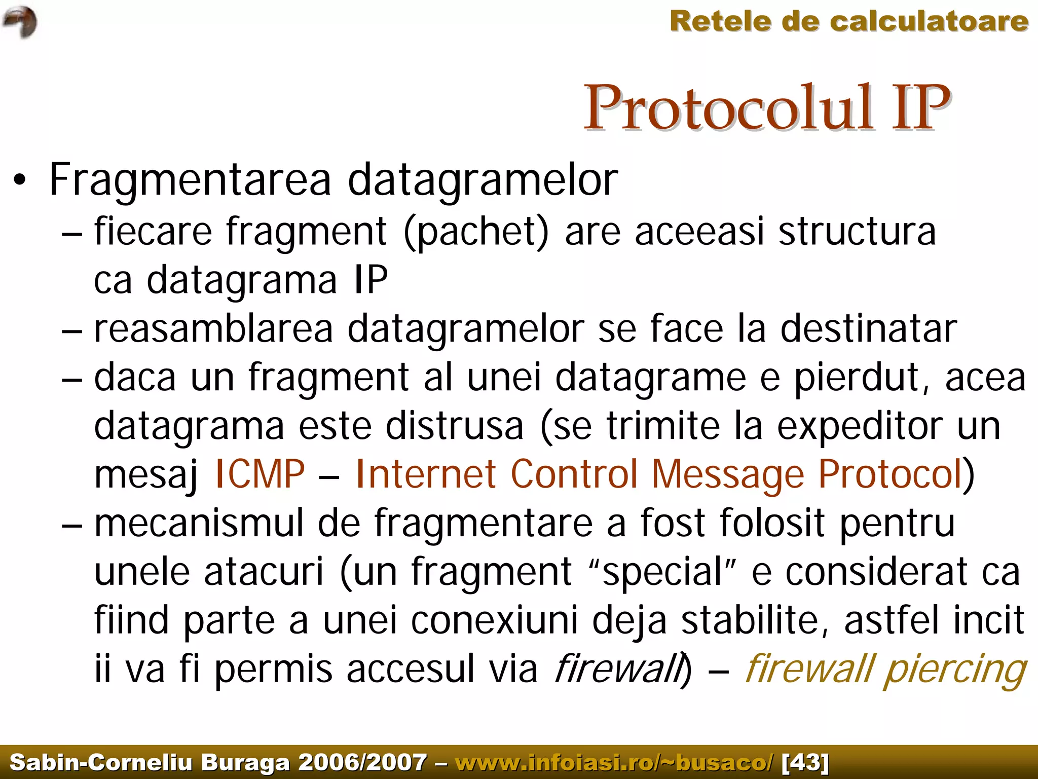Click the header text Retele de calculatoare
(x=849, y=22)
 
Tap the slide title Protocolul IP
(x=767, y=108)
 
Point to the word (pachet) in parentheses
(x=476, y=232)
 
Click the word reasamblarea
(x=213, y=328)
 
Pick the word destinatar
(x=869, y=328)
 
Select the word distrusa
(x=455, y=426)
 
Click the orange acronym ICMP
(x=260, y=474)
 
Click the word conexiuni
(x=494, y=620)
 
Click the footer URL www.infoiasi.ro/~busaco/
(x=614, y=762)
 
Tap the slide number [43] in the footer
(x=805, y=762)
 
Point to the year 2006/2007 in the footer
(x=362, y=762)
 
